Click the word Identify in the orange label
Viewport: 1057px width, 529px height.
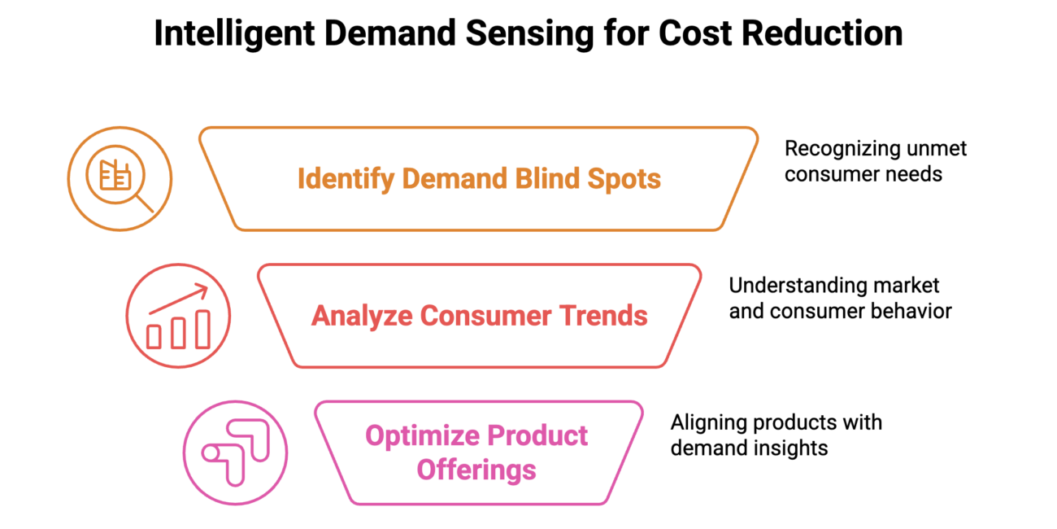(346, 178)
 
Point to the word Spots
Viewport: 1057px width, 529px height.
(627, 178)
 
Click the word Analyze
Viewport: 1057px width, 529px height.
(361, 316)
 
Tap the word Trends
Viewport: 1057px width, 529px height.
(605, 316)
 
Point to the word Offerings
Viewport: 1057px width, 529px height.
(476, 470)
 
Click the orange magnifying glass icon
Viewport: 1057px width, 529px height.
(120, 178)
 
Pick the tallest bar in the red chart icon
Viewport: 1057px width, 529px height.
(202, 329)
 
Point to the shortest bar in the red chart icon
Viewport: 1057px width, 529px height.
(154, 336)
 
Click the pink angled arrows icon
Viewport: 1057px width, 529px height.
(235, 452)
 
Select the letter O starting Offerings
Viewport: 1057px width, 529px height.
(424, 470)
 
